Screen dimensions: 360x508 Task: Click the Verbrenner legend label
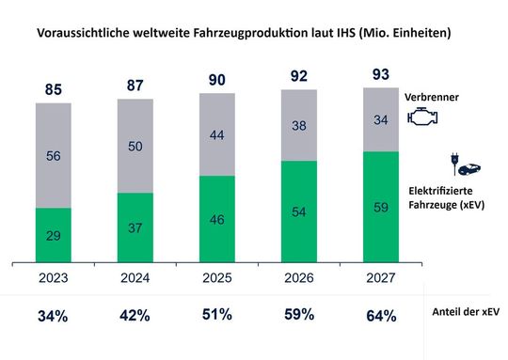pyautogui.click(x=434, y=97)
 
